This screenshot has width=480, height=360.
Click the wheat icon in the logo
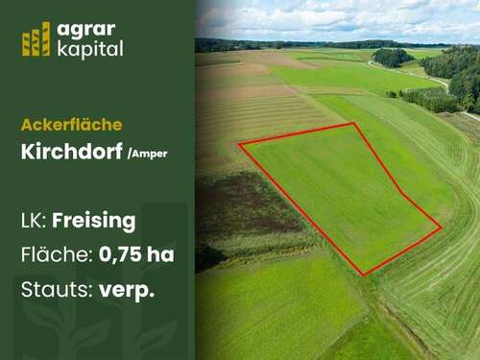36,39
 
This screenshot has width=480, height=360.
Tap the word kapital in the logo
90,49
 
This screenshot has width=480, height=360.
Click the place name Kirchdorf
70,151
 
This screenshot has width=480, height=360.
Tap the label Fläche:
55,255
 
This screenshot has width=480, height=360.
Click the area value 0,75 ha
136,255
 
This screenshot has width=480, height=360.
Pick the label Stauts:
55,289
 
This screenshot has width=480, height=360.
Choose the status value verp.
127,290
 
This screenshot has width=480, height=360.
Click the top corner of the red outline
354,124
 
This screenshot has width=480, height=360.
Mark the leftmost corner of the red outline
239,144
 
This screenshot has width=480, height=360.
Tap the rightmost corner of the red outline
442,228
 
